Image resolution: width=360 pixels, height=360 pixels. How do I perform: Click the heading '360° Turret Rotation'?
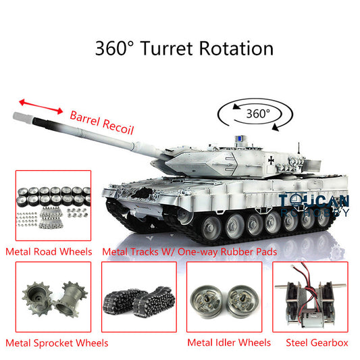pyautogui.click(x=184, y=49)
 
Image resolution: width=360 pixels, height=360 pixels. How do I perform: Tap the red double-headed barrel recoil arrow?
pyautogui.click(x=41, y=107)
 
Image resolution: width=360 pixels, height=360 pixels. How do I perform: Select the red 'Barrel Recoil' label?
pyautogui.click(x=102, y=123)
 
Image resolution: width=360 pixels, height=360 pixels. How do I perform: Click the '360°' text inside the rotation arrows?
pyautogui.click(x=258, y=113)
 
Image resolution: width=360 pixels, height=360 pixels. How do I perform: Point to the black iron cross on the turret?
pyautogui.click(x=271, y=160)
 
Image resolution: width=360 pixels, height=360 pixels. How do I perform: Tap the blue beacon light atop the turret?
pyautogui.click(x=240, y=138)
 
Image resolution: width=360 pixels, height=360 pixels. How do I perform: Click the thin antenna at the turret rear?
pyautogui.click(x=299, y=149)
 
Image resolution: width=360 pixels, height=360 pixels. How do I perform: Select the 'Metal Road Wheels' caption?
pyautogui.click(x=49, y=252)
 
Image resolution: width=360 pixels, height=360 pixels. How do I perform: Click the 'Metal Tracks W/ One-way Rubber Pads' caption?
pyautogui.click(x=190, y=252)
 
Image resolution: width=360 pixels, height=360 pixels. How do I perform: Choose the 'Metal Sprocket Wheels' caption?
pyautogui.click(x=57, y=343)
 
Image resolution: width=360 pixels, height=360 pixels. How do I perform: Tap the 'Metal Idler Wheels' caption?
pyautogui.click(x=229, y=342)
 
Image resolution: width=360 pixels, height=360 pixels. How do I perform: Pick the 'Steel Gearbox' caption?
pyautogui.click(x=317, y=342)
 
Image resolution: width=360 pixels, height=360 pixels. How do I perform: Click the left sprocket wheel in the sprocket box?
pyautogui.click(x=37, y=299)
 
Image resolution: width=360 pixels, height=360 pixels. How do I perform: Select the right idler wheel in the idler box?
pyautogui.click(x=243, y=301)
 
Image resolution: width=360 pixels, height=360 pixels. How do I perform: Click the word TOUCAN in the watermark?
pyautogui.click(x=314, y=201)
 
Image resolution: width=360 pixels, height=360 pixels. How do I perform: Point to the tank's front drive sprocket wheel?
pyautogui.click(x=184, y=216)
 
